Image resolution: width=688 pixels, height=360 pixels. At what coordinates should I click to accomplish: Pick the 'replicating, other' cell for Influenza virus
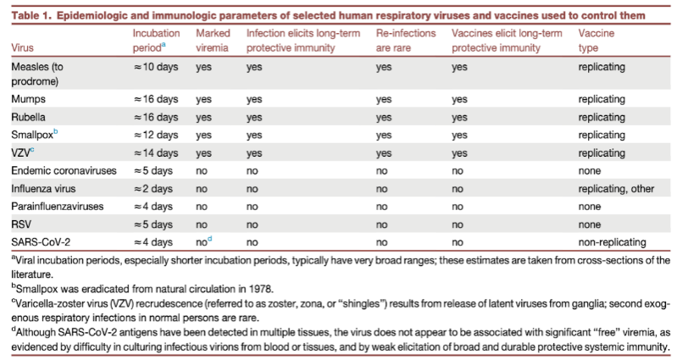[x=615, y=188]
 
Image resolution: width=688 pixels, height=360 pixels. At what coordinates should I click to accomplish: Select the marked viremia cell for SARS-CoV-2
[x=204, y=241]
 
